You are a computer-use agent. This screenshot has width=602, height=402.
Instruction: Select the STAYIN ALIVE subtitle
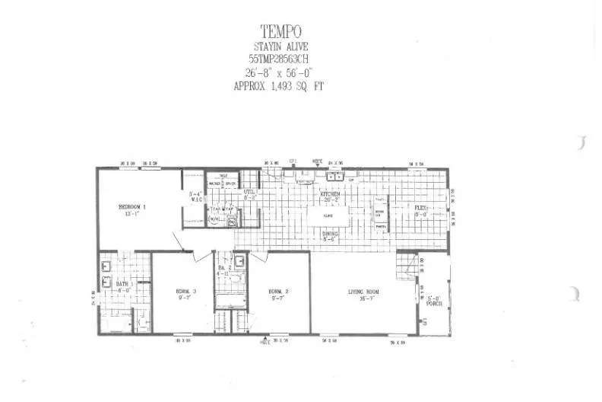pyautogui.click(x=282, y=46)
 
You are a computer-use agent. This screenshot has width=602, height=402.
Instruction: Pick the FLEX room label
pyautogui.click(x=420, y=207)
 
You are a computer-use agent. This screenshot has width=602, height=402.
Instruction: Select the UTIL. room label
pyautogui.click(x=250, y=193)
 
